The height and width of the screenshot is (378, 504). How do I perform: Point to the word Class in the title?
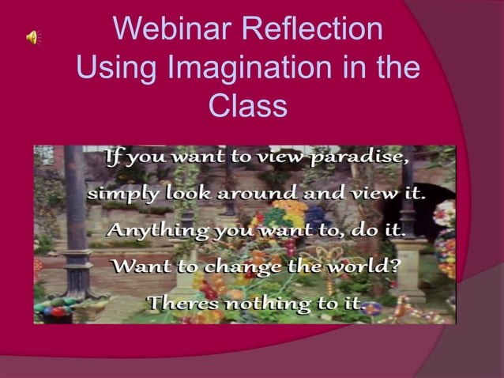point(248,106)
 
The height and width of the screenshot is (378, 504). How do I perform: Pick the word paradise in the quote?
point(360,157)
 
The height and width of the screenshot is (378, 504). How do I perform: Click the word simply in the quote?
point(121,194)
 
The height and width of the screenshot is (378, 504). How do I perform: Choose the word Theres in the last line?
point(182,302)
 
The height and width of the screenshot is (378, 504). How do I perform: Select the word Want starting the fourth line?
point(140,266)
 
